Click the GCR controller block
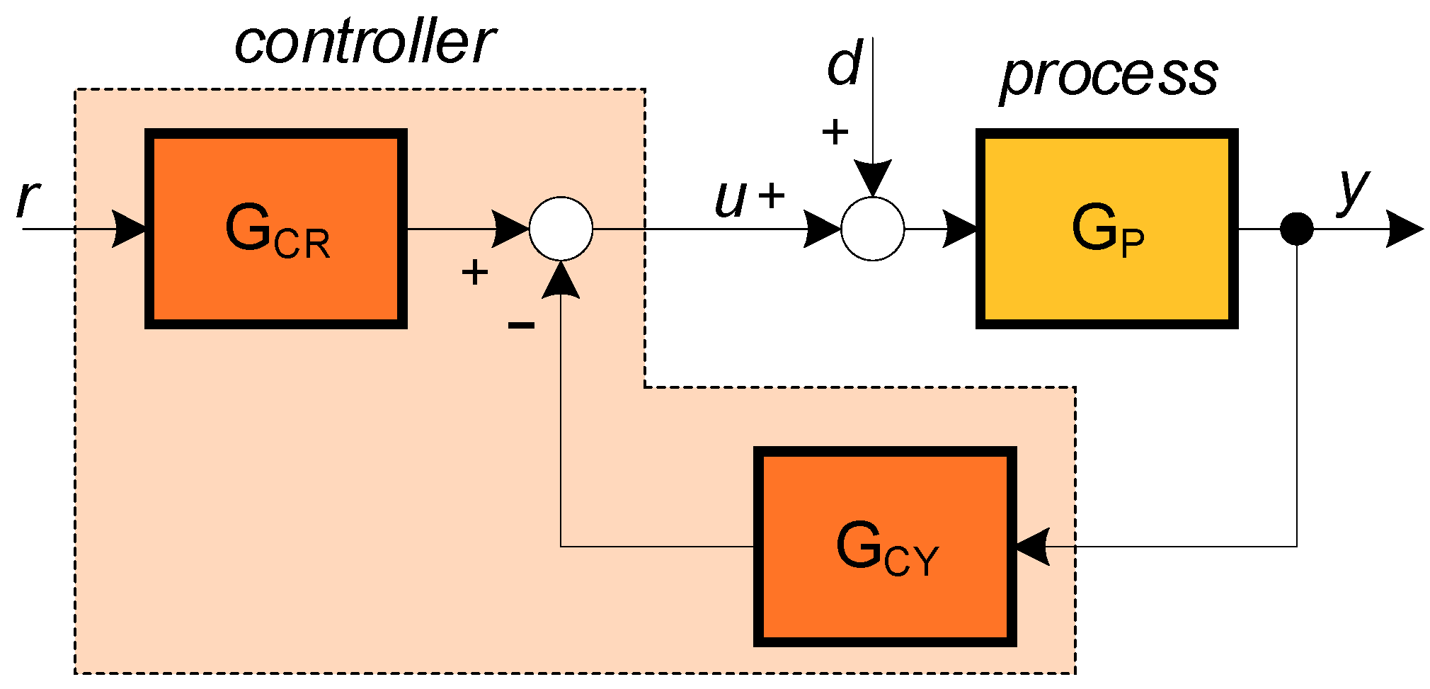(276, 229)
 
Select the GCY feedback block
(885, 547)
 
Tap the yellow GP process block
(1106, 229)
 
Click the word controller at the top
(364, 42)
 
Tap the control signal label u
(731, 199)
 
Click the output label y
(1353, 190)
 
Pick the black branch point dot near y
(1297, 229)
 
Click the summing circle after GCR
(561, 229)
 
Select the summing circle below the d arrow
(872, 229)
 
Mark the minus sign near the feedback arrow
(521, 325)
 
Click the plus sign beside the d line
(835, 132)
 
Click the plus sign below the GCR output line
(475, 272)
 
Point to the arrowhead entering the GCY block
(1031, 547)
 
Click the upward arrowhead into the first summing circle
(561, 280)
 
